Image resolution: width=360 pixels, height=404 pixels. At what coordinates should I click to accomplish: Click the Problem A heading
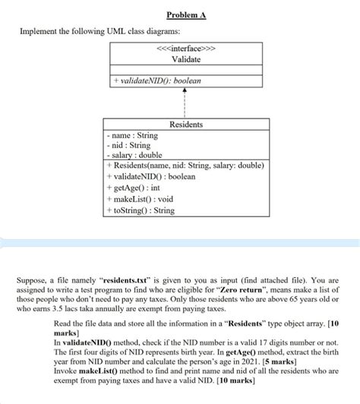pyautogui.click(x=180, y=16)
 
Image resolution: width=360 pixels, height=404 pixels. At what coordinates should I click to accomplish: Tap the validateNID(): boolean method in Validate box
pyautogui.click(x=156, y=80)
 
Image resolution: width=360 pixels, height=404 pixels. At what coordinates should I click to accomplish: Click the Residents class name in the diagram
pyautogui.click(x=185, y=124)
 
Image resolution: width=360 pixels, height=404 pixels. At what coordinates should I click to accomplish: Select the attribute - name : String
pyautogui.click(x=132, y=135)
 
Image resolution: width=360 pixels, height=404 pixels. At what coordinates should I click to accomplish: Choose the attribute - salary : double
pyautogui.click(x=134, y=155)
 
